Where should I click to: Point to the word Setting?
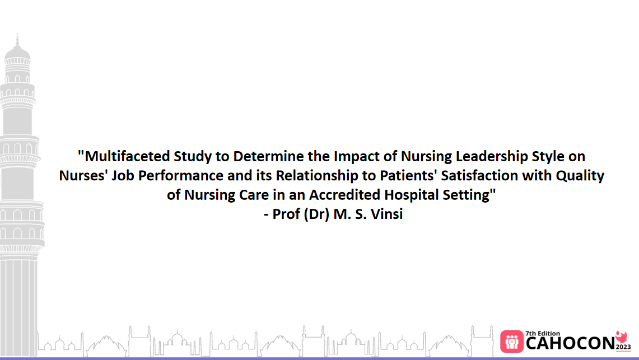[467, 195]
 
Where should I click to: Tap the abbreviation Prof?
[287, 215]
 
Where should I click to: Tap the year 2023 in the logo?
[623, 347]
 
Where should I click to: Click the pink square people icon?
[511, 341]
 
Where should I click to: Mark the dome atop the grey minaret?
[17, 52]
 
